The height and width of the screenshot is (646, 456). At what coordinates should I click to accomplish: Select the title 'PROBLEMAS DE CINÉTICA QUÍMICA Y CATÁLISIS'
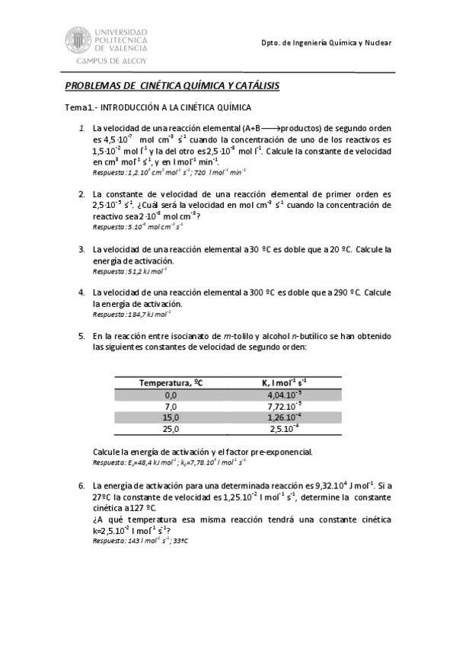click(x=172, y=87)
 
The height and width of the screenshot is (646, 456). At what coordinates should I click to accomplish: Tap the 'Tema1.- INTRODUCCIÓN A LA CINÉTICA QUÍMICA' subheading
click(x=158, y=108)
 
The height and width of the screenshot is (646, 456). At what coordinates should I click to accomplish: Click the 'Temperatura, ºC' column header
click(x=171, y=382)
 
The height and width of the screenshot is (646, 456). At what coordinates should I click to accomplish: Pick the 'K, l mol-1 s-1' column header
click(x=285, y=382)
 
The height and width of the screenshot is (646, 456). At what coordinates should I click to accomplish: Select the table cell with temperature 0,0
click(x=171, y=395)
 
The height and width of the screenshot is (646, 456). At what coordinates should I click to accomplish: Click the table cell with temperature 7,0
click(x=171, y=407)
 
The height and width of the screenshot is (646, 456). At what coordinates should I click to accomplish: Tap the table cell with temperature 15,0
click(x=171, y=418)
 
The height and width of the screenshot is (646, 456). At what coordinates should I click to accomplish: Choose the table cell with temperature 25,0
click(x=171, y=430)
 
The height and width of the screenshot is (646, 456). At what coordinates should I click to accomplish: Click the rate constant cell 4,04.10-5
click(x=285, y=395)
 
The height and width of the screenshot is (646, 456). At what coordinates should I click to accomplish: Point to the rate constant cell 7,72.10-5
click(x=285, y=407)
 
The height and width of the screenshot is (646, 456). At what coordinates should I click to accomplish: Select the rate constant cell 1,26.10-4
click(x=285, y=418)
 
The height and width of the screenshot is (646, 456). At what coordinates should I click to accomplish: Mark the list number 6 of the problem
click(x=81, y=484)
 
